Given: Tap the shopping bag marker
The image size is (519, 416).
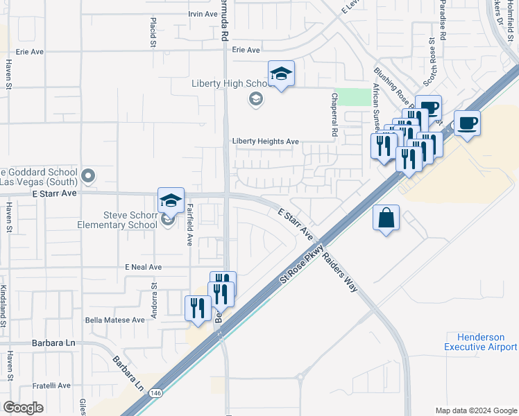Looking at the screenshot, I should (x=386, y=218).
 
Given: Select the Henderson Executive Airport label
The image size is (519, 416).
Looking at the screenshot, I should (x=480, y=341).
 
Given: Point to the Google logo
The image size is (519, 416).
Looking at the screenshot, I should (x=24, y=407).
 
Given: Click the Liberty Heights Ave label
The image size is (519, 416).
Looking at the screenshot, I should (x=265, y=141).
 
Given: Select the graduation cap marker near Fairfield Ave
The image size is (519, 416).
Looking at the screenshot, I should (x=171, y=200).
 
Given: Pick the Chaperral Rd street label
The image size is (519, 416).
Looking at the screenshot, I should (x=334, y=114).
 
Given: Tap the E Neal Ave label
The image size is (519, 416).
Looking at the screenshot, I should (x=143, y=267).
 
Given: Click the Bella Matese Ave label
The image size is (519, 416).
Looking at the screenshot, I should (x=114, y=320).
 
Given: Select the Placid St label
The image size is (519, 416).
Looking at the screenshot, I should (x=153, y=33).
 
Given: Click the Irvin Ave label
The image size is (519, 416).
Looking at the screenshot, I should (x=203, y=14).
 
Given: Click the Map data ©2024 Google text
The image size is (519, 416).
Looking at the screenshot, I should (x=475, y=410).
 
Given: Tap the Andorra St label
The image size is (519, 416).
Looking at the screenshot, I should (x=155, y=295).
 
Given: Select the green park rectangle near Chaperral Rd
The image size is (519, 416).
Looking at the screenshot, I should (x=357, y=96).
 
